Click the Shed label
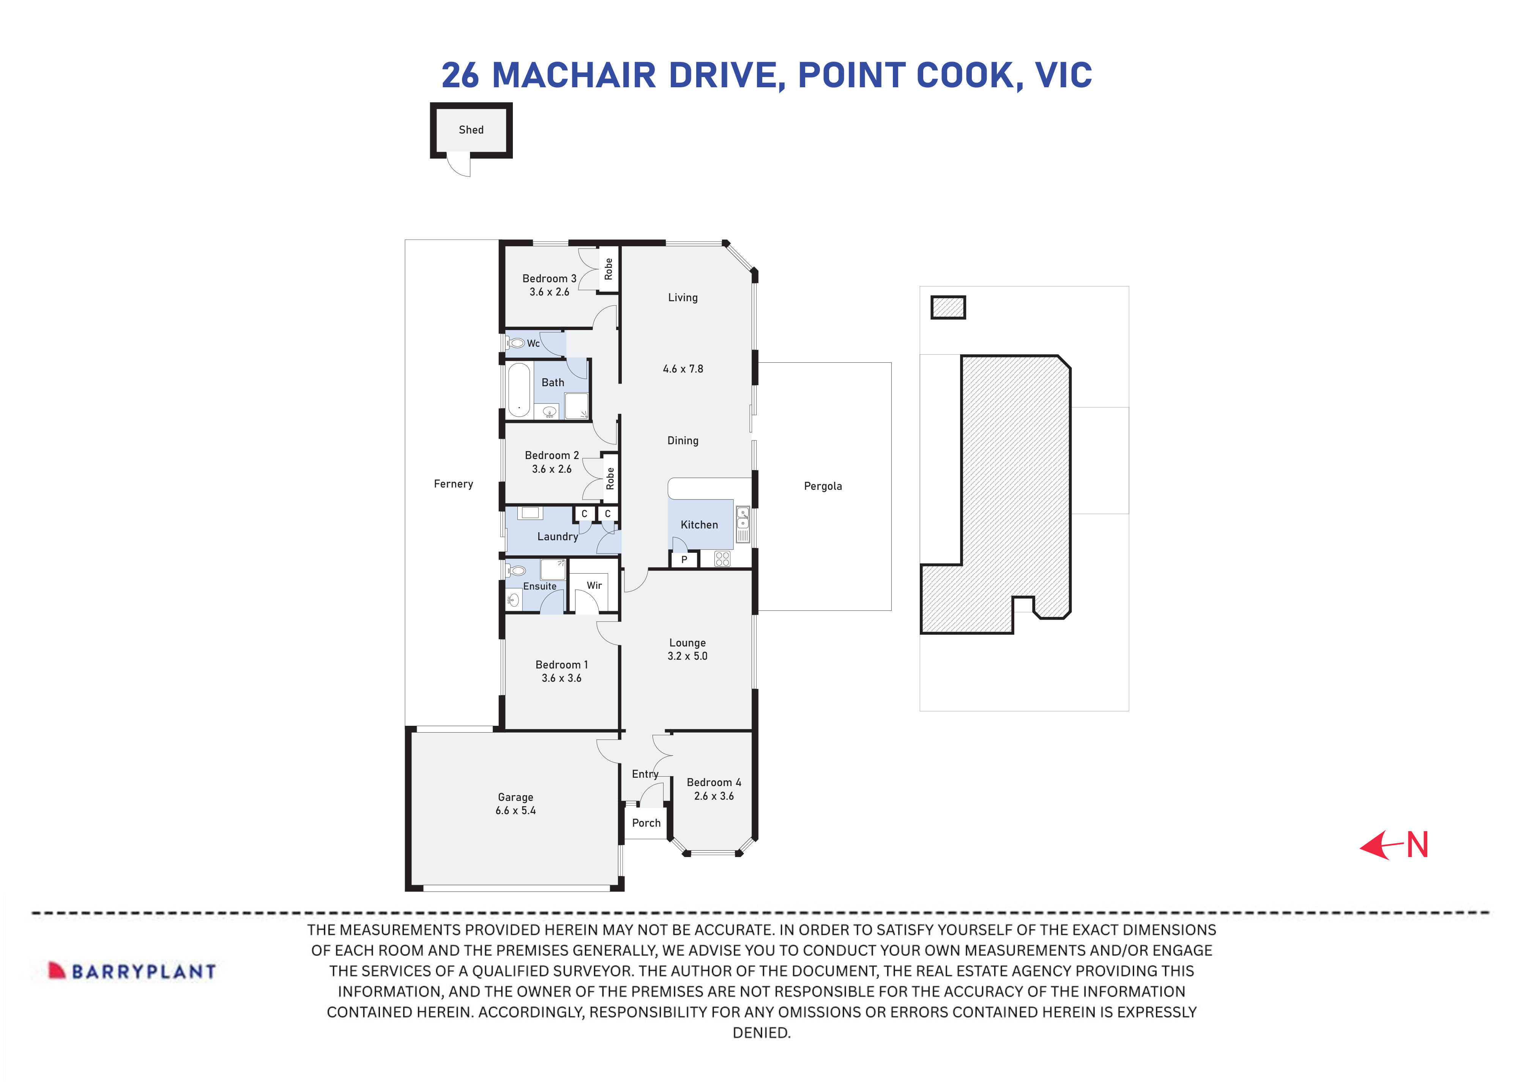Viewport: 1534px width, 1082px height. [471, 130]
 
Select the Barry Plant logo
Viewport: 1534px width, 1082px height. [132, 971]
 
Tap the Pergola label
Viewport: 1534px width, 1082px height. [823, 486]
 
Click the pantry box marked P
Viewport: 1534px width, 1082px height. [684, 560]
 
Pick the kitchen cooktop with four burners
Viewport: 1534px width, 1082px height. [722, 559]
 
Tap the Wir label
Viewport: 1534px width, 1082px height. [594, 585]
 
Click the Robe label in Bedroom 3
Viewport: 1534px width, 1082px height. [608, 269]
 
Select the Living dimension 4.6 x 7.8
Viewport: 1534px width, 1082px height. [683, 369]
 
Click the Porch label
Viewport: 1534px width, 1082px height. [646, 823]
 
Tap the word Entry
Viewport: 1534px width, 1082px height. [645, 774]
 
